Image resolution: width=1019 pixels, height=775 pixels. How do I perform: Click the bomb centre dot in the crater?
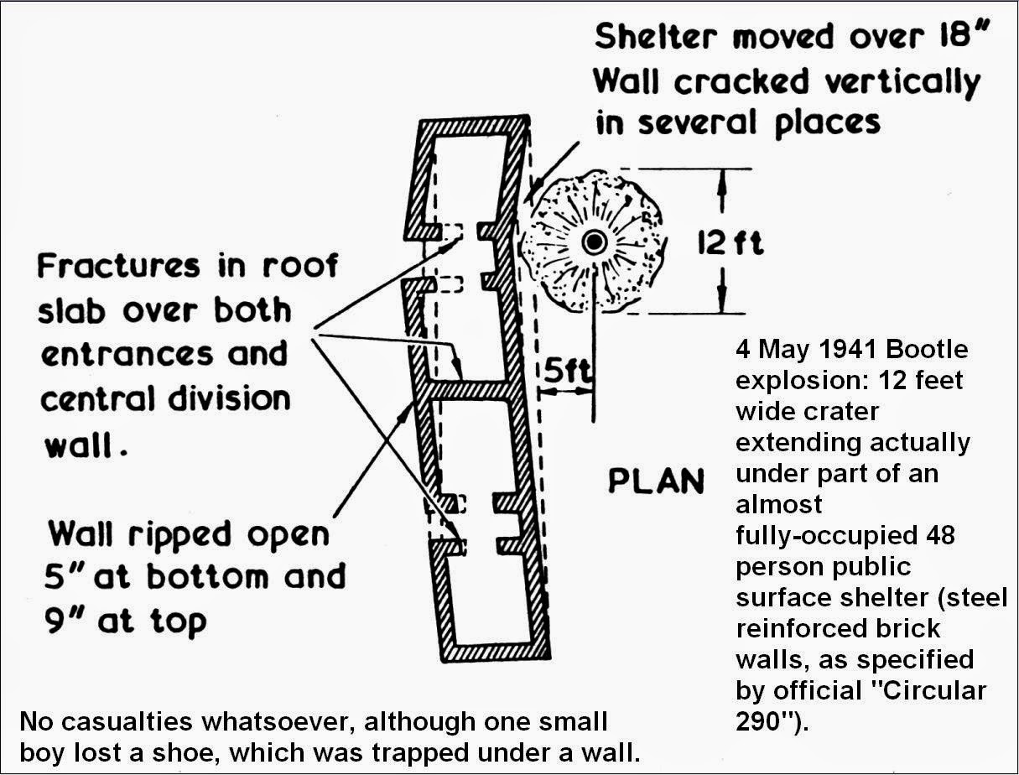pos(595,242)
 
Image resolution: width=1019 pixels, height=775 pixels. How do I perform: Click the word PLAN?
pos(657,481)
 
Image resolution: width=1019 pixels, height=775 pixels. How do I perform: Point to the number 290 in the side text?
pos(760,721)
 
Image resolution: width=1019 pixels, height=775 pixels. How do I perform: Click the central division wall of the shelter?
pos(471,391)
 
